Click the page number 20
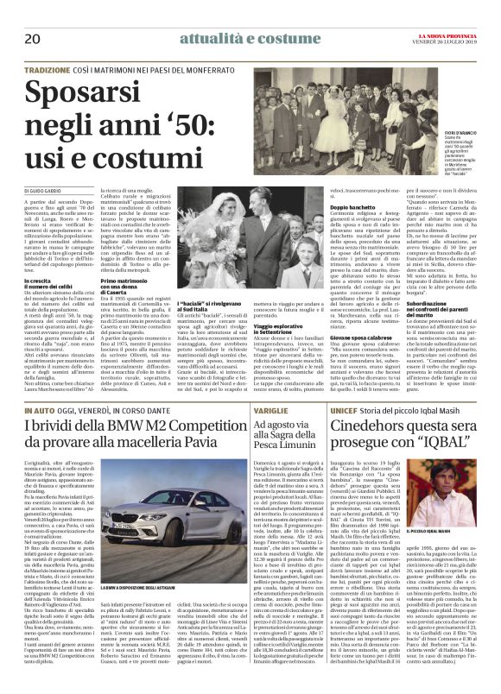pos(33,40)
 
